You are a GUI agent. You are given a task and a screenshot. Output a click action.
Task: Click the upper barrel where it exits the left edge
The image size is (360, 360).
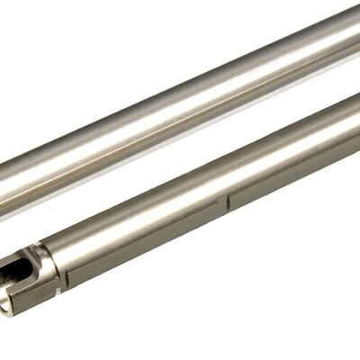tap(4, 180)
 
